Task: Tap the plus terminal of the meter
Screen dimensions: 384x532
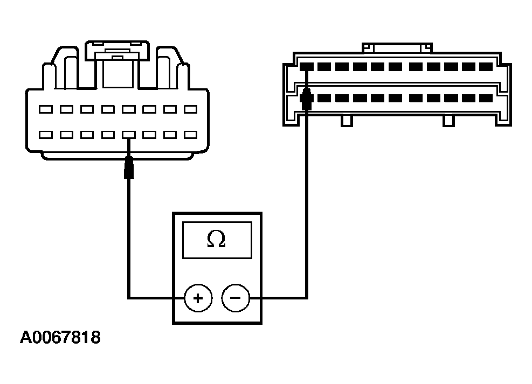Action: [x=198, y=297]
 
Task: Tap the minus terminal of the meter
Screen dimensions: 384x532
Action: [x=236, y=297]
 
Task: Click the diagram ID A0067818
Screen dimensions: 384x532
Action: [x=60, y=338]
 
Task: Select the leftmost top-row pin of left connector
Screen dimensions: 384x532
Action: [x=46, y=109]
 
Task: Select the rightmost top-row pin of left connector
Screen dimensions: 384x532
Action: [x=190, y=109]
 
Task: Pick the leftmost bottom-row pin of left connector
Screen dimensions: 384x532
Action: [x=46, y=134]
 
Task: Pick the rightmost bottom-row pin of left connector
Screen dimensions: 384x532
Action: [x=190, y=134]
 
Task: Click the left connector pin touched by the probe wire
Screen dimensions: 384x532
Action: [x=128, y=134]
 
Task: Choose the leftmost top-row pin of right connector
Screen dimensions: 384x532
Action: [x=307, y=67]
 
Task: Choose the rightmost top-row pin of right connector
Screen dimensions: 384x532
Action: [x=486, y=67]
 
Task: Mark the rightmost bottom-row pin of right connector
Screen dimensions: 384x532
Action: [x=486, y=99]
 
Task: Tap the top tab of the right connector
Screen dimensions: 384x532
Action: [x=398, y=48]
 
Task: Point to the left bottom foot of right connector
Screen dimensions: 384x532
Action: [x=347, y=121]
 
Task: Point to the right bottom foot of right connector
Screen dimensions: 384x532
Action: [x=448, y=121]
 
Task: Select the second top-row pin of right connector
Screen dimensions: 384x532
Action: [x=324, y=67]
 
